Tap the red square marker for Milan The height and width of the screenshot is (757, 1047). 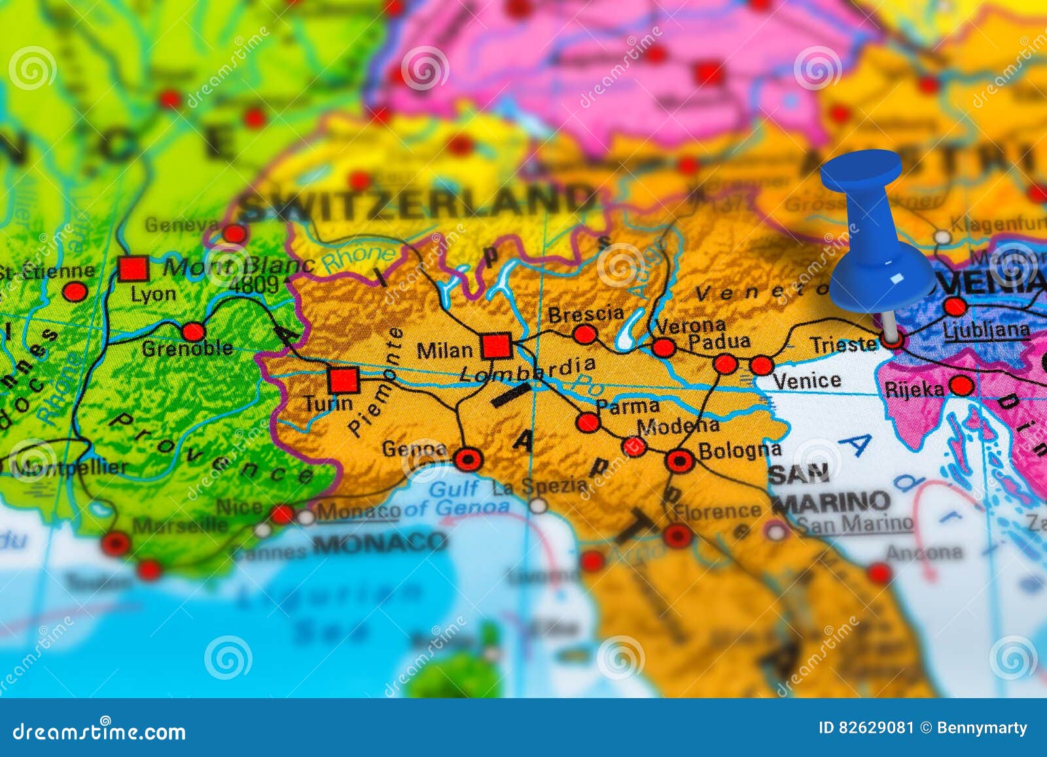496,346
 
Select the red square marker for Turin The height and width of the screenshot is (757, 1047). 344,380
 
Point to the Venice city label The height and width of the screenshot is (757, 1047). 806,381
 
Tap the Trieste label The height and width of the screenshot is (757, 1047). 843,344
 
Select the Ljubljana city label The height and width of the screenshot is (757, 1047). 986,330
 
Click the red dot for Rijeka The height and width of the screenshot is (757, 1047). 961,386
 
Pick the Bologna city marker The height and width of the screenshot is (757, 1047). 679,461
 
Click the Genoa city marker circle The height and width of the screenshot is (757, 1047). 468,459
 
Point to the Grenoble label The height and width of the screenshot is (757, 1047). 187,348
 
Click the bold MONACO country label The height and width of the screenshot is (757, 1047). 380,542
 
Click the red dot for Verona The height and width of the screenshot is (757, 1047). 664,347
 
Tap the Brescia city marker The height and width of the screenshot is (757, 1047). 584,335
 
